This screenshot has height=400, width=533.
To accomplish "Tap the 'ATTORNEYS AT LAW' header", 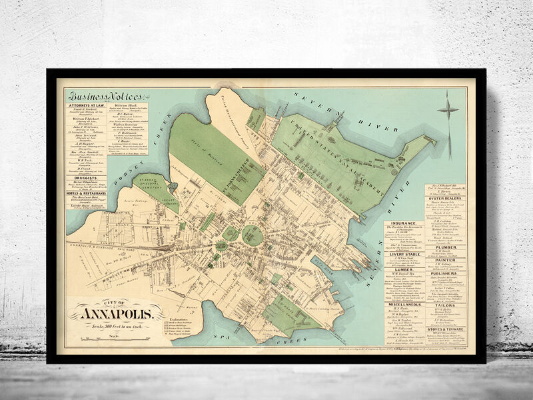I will [x=85, y=105].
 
